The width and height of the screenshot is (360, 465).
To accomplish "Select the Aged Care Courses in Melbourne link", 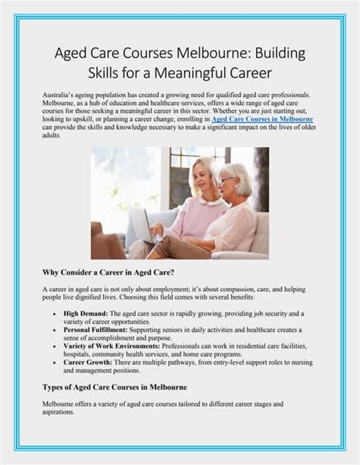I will (x=262, y=120).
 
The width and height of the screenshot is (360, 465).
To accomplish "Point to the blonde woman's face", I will (x=204, y=174).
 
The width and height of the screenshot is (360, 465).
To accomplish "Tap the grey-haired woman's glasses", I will (x=226, y=179).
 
